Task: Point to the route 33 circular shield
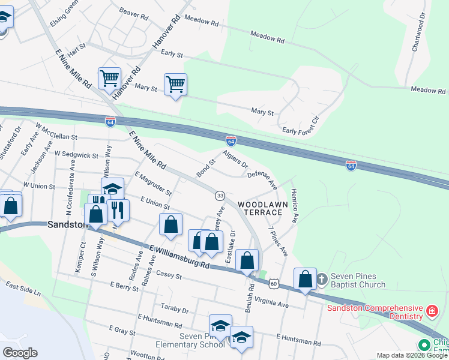click(220, 196)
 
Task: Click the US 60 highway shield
click(274, 283)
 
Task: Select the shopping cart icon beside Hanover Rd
click(109, 77)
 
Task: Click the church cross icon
click(322, 278)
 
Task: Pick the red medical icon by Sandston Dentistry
click(432, 311)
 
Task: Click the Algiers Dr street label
click(235, 159)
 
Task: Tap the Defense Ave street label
click(262, 178)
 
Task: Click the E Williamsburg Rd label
click(179, 256)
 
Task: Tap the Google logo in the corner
click(20, 353)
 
